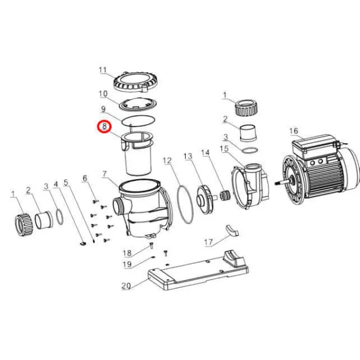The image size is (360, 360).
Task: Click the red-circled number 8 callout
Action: click(104, 127)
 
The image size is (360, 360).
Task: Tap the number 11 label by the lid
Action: click(103, 70)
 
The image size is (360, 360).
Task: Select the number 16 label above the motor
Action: click(294, 131)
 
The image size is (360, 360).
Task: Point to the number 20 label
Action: click(126, 285)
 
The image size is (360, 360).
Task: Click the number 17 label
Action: click(208, 242)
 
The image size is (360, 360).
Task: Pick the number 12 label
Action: click(167, 160)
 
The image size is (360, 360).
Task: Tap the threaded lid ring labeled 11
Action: click(136, 83)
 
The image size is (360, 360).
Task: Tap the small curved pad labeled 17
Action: click(232, 230)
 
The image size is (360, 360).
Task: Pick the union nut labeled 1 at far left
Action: click(24, 224)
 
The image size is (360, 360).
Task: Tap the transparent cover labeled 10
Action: click(139, 105)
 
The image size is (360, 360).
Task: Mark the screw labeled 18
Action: click(151, 245)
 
